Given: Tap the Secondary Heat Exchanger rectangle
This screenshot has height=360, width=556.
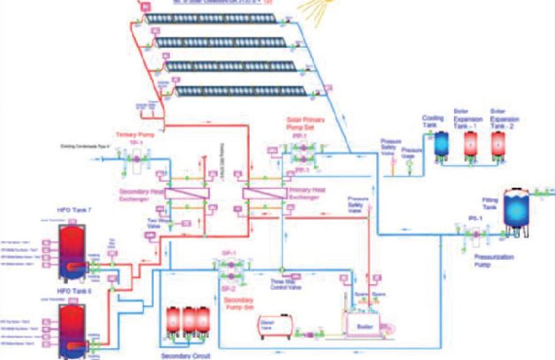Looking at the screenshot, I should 186,193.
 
